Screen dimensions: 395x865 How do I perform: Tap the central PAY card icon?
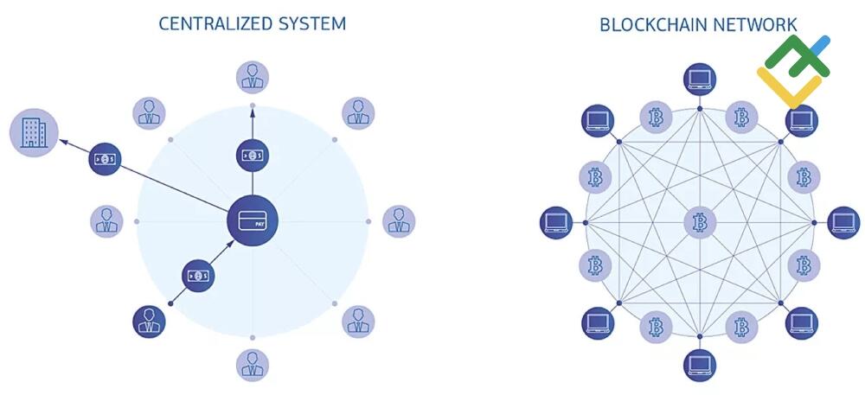coord(252,220)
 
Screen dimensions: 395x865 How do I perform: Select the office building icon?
coord(33,133)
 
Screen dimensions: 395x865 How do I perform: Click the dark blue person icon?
coord(149,321)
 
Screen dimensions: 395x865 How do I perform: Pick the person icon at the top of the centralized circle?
coord(253,77)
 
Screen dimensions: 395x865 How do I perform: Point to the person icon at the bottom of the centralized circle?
coord(253,364)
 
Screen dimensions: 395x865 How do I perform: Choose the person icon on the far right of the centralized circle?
coord(399,221)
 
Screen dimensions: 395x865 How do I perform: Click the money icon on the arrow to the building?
coord(105,159)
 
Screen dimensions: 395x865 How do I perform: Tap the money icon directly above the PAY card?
coord(252,156)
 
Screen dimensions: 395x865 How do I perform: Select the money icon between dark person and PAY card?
coord(198,276)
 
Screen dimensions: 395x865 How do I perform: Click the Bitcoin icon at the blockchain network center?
coord(700,222)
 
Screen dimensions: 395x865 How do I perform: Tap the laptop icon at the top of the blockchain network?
coord(699,80)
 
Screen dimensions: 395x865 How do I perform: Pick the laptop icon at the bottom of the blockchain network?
coord(699,365)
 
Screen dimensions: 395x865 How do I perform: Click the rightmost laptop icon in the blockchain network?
coord(843,222)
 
